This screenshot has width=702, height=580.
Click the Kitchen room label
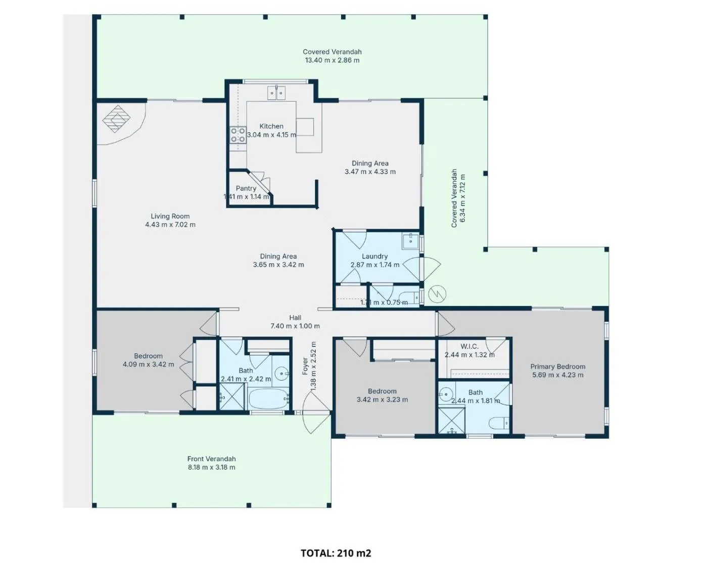pos(271,126)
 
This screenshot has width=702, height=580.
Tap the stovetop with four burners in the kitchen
pos(238,135)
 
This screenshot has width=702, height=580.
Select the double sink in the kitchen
pos(276,93)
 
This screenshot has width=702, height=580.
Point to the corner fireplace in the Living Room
pos(116,119)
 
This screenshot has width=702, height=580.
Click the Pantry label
pos(246,188)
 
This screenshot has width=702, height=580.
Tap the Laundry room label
pos(375,257)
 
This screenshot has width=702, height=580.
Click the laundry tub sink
pos(410,241)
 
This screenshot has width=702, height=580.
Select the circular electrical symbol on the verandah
pos(437,294)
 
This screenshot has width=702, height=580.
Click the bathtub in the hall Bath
pos(268,399)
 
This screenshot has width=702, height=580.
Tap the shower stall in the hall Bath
pos(231,397)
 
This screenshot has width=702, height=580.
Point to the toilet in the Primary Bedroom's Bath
pos(499,423)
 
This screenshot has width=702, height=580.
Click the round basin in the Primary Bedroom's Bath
pos(446,393)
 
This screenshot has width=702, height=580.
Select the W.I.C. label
pos(470,346)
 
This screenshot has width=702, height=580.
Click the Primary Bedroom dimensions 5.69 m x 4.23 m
pos(558,375)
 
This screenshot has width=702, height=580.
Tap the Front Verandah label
pos(211,459)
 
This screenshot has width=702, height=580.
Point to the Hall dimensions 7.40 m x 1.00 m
pos(295,326)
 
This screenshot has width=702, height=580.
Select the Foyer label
pos(305,366)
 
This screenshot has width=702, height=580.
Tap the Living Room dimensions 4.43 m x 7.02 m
pos(170,225)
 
